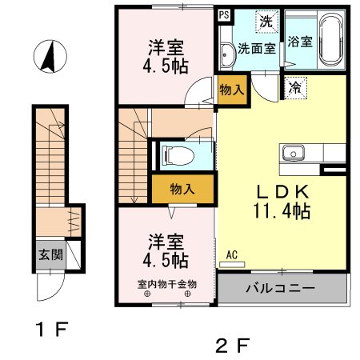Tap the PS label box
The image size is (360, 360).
[x=224, y=15]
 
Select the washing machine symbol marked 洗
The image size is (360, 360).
[x=266, y=22]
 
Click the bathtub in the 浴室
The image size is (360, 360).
[x=331, y=40]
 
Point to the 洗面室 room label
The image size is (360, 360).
[x=257, y=49]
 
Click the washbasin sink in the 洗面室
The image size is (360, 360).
[x=226, y=54]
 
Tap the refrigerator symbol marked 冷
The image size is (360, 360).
[x=295, y=87]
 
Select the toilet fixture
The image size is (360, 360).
[x=178, y=155]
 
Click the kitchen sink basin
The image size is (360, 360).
[x=293, y=153]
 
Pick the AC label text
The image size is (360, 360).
[x=232, y=255]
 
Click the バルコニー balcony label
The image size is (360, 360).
[x=280, y=288]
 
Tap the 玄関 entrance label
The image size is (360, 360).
[x=50, y=254]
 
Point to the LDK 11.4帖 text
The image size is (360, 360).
[x=282, y=202]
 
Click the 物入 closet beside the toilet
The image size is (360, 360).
[x=182, y=189]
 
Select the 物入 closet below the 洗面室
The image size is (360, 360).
[x=232, y=90]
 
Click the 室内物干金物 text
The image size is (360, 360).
[x=167, y=284]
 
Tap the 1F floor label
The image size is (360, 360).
[x=52, y=329]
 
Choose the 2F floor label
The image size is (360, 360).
[x=233, y=346]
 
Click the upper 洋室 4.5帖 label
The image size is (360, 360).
[x=166, y=57]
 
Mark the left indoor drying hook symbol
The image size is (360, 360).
[x=147, y=294]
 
